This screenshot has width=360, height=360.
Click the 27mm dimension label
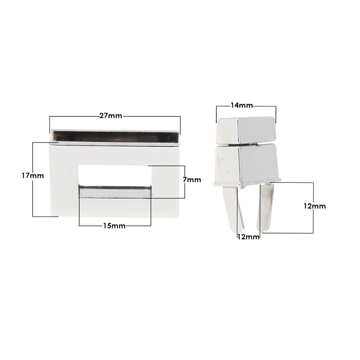(x=111, y=116)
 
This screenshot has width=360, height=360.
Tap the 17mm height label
(x=33, y=176)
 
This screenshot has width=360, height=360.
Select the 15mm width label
(x=114, y=226)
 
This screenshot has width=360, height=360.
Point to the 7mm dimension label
(x=192, y=180)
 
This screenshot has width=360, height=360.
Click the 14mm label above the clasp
(x=242, y=105)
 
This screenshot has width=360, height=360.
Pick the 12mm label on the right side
(x=315, y=206)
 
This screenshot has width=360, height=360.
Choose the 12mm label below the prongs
(x=248, y=237)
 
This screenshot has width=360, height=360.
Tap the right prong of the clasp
(x=265, y=207)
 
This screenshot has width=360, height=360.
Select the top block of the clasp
(x=246, y=130)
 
